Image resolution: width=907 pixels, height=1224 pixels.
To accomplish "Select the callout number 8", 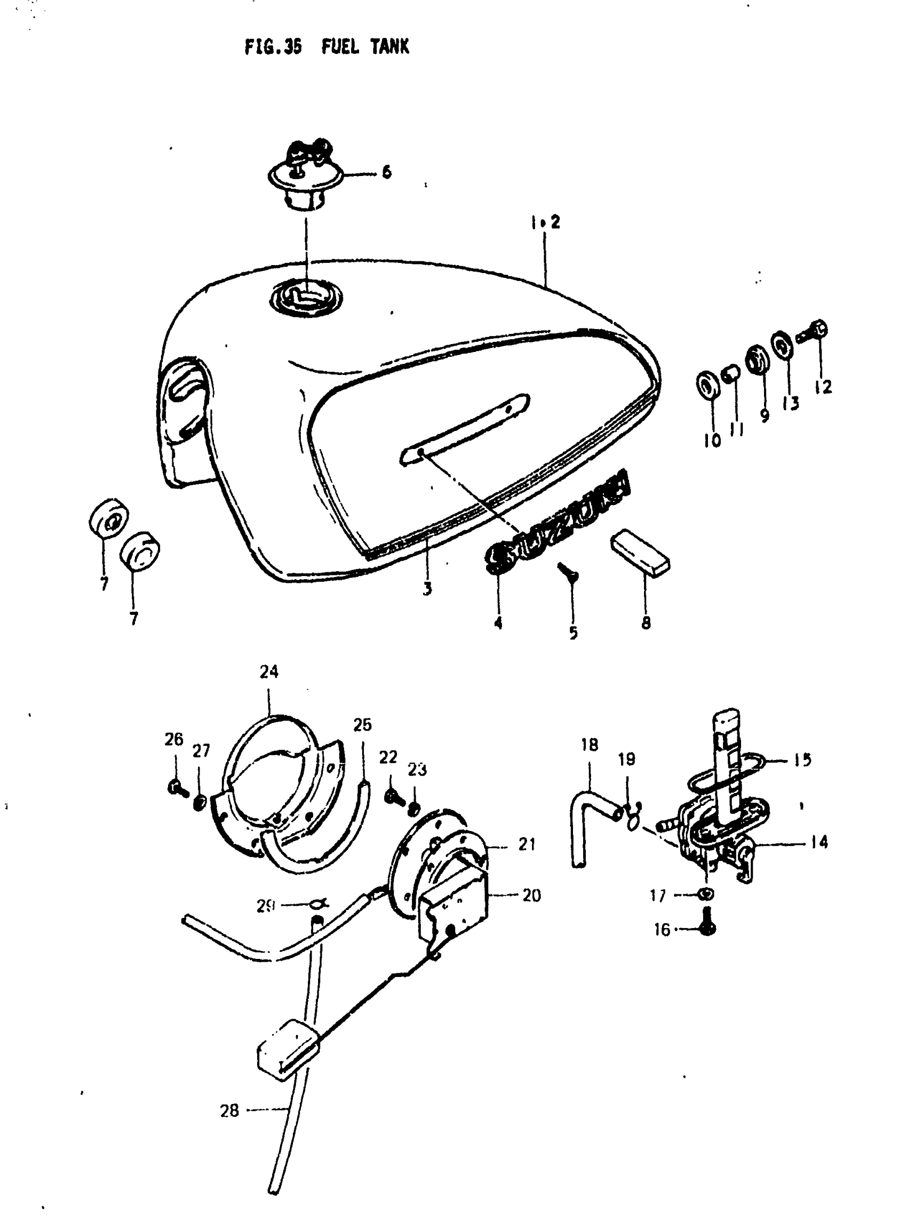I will coord(646,622).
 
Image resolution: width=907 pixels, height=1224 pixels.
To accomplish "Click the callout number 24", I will coord(269,672).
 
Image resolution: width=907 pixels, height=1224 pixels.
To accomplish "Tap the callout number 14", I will coord(819,842).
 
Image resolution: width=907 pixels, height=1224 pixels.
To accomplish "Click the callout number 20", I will coord(531,896).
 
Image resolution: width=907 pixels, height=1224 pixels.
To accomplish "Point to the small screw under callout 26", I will coord(177,788).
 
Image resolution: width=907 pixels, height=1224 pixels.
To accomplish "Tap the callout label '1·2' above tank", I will coord(545,222).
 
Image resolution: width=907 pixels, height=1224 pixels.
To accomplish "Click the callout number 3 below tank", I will coord(427,588).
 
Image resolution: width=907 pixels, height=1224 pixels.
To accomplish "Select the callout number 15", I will coord(802,759).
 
